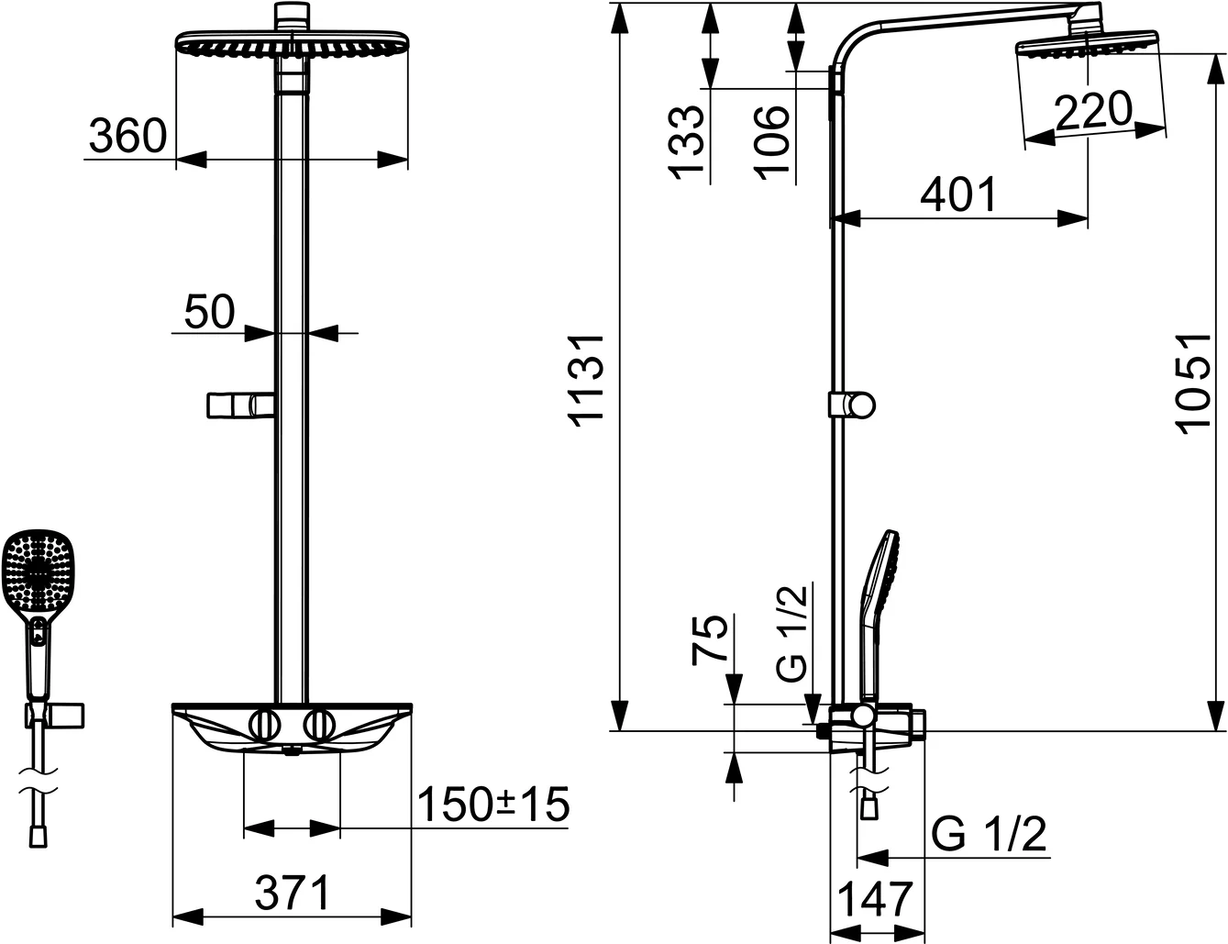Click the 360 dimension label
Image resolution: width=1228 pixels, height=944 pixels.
128,137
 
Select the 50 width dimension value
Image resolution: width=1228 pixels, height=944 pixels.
209,312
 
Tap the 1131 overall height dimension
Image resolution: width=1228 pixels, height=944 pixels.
587,378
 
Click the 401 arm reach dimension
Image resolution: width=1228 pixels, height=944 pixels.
957,195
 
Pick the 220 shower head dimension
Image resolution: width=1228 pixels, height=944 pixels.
1093,111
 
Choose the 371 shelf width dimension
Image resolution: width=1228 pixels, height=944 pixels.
292,893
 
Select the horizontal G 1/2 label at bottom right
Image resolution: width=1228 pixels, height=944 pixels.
989,835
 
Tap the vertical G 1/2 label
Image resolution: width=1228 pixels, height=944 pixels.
792,632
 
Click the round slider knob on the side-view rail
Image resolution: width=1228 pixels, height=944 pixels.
862,405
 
